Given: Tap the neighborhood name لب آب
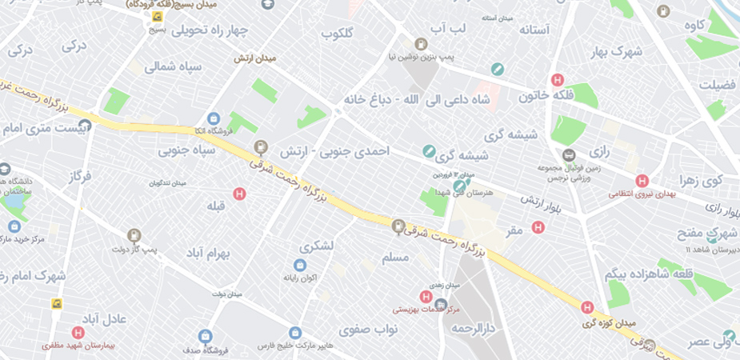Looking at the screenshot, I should click(x=447, y=29).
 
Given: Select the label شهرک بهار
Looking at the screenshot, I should click(x=617, y=52).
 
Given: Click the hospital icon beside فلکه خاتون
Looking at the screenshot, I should click(x=558, y=80).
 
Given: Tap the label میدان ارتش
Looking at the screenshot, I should click(x=254, y=58).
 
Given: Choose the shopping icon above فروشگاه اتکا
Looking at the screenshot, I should click(x=213, y=119).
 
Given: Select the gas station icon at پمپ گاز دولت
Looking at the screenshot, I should click(x=134, y=235).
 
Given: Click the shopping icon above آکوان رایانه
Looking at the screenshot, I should click(x=300, y=265).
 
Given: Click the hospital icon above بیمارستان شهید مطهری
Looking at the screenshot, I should click(x=78, y=333).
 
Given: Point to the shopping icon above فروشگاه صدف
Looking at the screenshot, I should click(x=206, y=335).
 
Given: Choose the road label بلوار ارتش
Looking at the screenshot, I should click(x=543, y=204).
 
